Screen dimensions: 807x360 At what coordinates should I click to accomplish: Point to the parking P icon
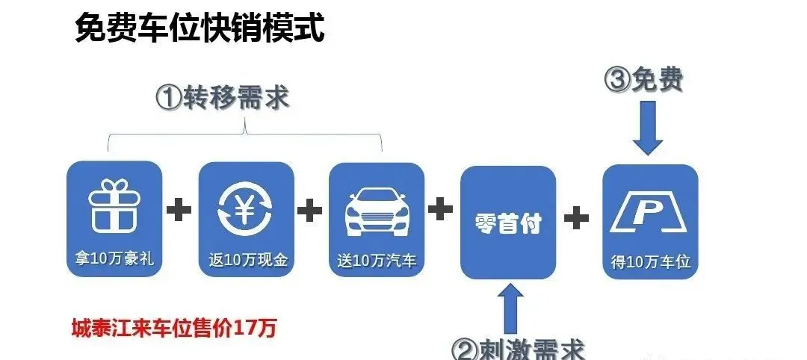click(649, 213)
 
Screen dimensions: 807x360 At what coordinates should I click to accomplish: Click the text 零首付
click(508, 223)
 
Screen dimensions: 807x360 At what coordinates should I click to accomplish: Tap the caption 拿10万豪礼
click(114, 261)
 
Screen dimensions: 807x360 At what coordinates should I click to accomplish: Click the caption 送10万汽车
click(377, 261)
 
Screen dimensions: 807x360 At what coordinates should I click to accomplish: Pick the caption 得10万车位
click(650, 262)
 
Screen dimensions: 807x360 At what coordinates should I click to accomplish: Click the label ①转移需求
click(222, 99)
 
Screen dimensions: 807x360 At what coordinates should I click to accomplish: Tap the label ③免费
click(644, 80)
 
